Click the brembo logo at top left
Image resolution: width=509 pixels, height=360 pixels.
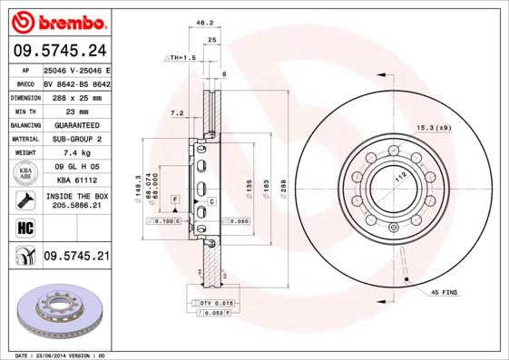pyautogui.click(x=57, y=21)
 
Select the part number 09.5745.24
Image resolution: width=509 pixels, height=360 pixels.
pyautogui.click(x=57, y=51)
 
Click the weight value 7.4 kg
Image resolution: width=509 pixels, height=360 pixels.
pyautogui.click(x=76, y=153)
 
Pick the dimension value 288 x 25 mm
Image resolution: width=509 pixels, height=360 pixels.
pyautogui.click(x=76, y=95)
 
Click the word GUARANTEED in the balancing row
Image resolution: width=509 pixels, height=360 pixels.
pyautogui.click(x=76, y=124)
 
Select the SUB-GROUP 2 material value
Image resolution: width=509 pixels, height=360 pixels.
pyautogui.click(x=76, y=139)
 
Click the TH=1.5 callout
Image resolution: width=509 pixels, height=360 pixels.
pyautogui.click(x=181, y=57)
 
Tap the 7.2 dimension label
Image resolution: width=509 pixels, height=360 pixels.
pyautogui.click(x=177, y=113)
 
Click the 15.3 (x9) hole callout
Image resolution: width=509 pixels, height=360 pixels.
pyautogui.click(x=433, y=127)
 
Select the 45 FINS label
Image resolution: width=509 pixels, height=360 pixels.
pyautogui.click(x=446, y=292)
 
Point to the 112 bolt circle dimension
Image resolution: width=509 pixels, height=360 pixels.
pyautogui.click(x=396, y=178)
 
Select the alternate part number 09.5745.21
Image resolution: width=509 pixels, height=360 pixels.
pyautogui.click(x=76, y=257)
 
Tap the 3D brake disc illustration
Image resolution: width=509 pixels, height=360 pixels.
pyautogui.click(x=57, y=313)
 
